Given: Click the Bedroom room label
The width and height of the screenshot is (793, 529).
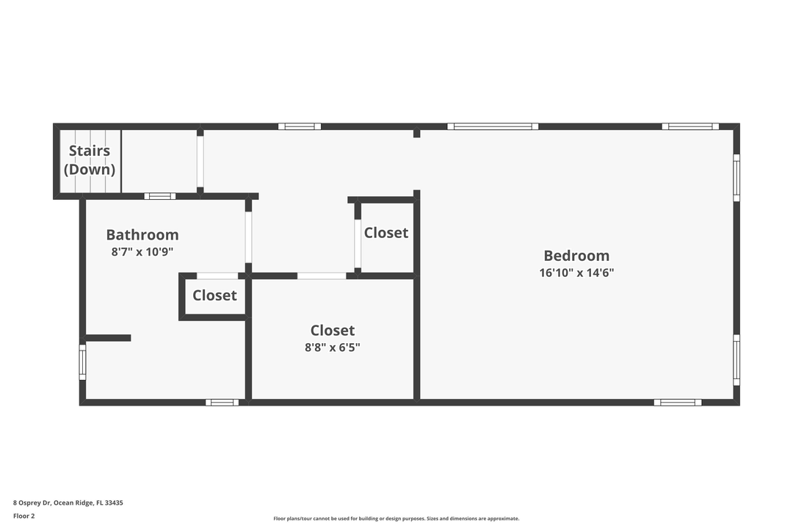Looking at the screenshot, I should (576, 256).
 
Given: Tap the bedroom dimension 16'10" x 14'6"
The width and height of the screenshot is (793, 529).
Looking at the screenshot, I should (576, 273).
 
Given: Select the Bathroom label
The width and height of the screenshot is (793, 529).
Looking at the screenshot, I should (142, 235).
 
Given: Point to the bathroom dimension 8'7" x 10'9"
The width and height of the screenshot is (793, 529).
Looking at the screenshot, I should (142, 251).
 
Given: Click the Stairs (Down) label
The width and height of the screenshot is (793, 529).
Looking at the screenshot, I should (90, 160).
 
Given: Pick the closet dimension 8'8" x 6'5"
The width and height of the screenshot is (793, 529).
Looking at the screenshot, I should (333, 348).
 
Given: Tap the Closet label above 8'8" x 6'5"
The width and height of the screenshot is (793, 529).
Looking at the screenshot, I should (333, 331).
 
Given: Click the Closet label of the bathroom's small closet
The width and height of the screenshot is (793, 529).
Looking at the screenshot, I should (214, 295).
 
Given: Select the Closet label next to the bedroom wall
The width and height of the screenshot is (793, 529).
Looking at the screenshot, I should (386, 233).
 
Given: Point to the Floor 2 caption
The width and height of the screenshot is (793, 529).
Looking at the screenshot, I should (23, 516).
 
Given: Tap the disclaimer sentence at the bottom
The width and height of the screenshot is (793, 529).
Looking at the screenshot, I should (396, 519).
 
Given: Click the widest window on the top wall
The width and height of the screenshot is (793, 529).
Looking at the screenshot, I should (493, 126).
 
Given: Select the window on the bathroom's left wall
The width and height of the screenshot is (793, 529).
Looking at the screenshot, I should (82, 362).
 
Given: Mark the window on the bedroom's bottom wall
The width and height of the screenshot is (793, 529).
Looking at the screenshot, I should (677, 402).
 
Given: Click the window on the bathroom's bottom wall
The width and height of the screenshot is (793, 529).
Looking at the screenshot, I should (222, 402).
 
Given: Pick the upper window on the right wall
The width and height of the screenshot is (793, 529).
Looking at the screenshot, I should (736, 177).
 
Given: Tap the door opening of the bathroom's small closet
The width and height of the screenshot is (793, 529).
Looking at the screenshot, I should (217, 276).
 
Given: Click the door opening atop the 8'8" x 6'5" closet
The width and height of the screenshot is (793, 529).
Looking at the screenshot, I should (322, 276).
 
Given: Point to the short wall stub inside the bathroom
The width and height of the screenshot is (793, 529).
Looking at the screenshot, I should (109, 338).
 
